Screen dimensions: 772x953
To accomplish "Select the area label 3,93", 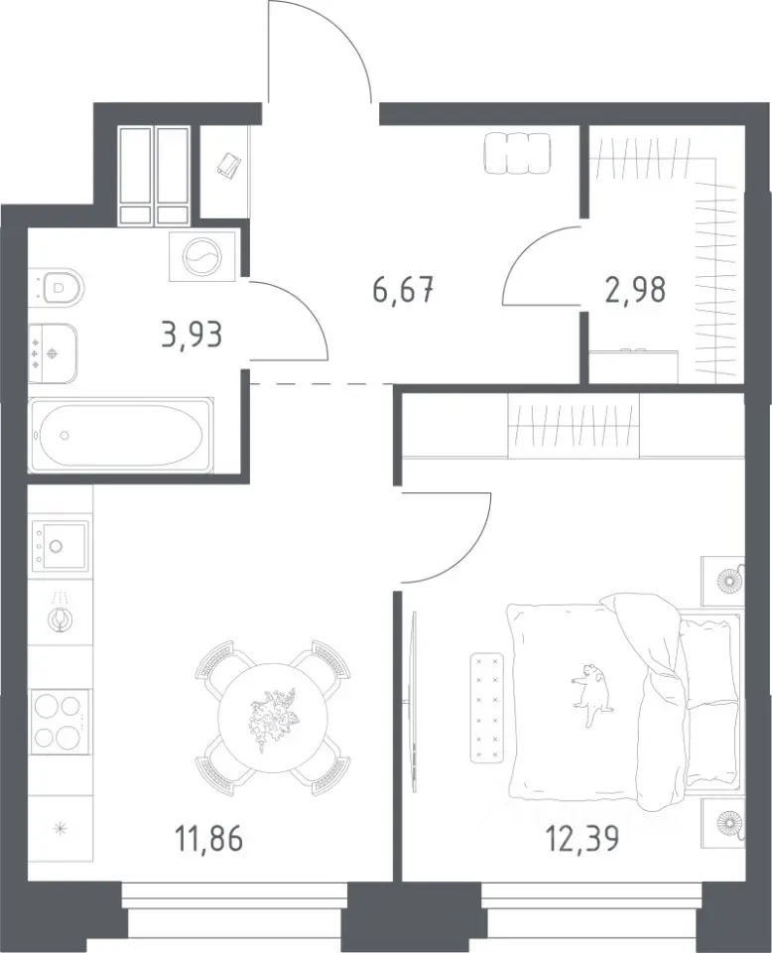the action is click(x=192, y=335).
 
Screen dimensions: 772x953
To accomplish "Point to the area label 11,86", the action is click(x=209, y=840).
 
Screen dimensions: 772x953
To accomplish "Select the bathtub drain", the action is click(x=64, y=435).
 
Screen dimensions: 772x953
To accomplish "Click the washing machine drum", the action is click(x=201, y=256).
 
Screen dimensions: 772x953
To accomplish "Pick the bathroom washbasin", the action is click(x=54, y=353).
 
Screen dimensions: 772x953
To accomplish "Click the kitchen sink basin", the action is click(x=61, y=545).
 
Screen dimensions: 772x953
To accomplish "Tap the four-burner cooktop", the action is click(x=61, y=722).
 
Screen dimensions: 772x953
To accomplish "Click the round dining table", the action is click(x=273, y=718).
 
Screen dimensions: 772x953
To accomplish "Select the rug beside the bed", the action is click(x=488, y=708).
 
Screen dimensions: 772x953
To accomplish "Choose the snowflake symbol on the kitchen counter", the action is click(x=61, y=827).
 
